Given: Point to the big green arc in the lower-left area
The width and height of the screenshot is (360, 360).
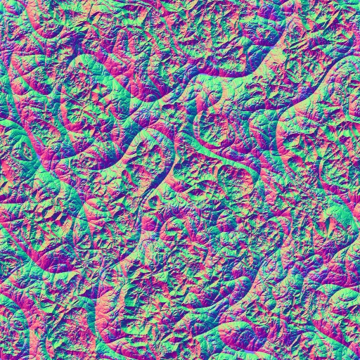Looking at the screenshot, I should pos(105,281).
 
